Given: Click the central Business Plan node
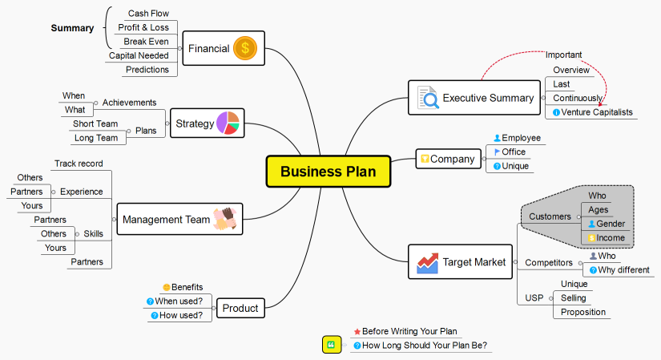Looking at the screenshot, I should click(x=328, y=171).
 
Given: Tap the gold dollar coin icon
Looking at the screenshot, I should click(x=244, y=48).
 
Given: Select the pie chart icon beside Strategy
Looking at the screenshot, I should click(x=228, y=123).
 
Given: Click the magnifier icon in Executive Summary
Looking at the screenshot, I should click(x=428, y=98).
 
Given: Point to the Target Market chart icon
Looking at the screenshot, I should click(x=428, y=262).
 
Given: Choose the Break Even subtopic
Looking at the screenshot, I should click(x=146, y=41).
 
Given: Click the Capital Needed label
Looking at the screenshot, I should click(x=139, y=55).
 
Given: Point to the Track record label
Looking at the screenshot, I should click(x=79, y=164).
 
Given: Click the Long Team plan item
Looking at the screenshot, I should click(x=95, y=138).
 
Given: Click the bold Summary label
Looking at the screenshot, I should click(x=72, y=28).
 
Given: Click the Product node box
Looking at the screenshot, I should click(x=240, y=308).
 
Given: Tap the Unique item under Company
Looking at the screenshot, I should click(x=515, y=166).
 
